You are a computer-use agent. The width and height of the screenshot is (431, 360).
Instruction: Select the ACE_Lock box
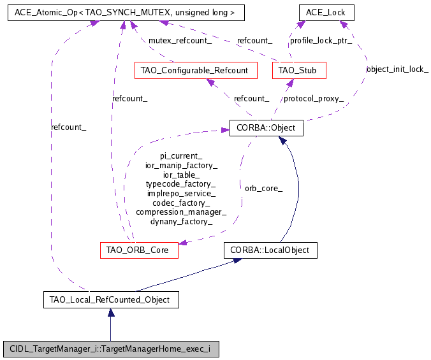click(326, 11)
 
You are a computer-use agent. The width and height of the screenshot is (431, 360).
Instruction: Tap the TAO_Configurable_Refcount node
click(196, 70)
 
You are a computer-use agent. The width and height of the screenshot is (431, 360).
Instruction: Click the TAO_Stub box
click(298, 70)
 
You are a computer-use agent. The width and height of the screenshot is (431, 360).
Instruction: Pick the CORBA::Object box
click(266, 128)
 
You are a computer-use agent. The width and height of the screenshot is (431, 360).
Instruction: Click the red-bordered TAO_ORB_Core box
click(138, 250)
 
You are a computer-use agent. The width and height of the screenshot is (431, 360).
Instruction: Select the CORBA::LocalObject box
click(270, 250)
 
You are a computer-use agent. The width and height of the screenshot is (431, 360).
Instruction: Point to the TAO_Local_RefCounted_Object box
click(110, 299)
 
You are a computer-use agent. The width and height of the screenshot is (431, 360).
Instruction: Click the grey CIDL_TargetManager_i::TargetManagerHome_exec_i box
click(111, 349)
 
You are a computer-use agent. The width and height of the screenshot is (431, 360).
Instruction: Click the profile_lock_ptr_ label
click(321, 41)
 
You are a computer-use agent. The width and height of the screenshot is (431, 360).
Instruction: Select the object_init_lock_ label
click(397, 69)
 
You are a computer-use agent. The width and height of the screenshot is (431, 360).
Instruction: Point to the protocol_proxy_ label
click(314, 99)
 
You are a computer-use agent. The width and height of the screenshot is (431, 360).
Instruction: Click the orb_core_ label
click(263, 189)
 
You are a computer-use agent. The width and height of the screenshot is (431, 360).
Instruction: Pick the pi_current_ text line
click(181, 155)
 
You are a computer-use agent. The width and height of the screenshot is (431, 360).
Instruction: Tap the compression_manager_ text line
click(181, 212)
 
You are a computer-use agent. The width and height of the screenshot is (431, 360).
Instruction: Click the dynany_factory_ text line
click(181, 221)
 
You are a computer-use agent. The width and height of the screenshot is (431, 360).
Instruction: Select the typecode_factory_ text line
click(181, 184)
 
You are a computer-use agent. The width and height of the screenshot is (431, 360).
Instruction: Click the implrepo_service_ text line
click(181, 193)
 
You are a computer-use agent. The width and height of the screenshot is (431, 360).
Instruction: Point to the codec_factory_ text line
click(181, 203)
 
